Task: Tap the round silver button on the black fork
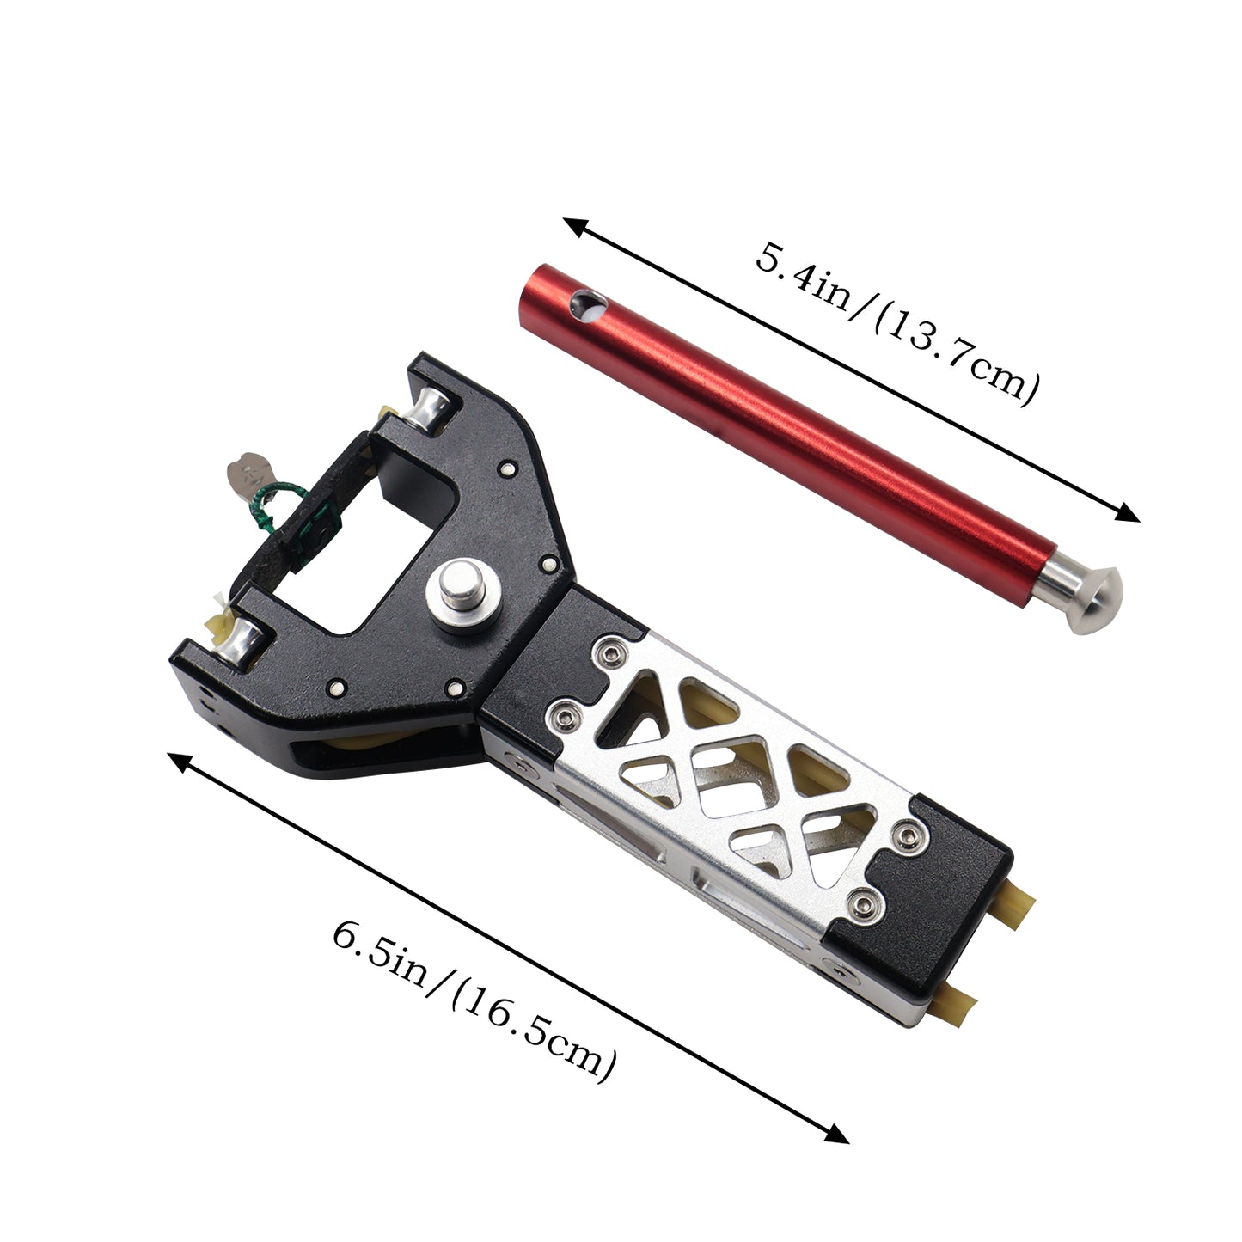465,591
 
